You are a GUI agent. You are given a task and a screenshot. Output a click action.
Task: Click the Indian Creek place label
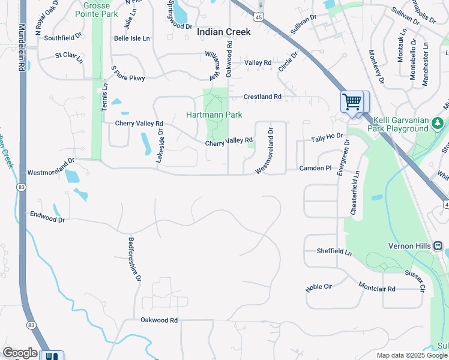pyautogui.click(x=223, y=32)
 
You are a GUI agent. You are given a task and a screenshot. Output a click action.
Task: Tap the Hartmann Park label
pyautogui.click(x=214, y=114)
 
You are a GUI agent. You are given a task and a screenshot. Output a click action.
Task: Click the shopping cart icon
pyautogui.click(x=352, y=101)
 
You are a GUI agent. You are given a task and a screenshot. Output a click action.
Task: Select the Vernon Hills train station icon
pyautogui.click(x=438, y=245)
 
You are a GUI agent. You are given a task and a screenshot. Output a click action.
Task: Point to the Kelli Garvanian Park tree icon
pyautogui.click(x=438, y=123)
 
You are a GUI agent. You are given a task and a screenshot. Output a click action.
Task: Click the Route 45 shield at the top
pyautogui.click(x=259, y=17)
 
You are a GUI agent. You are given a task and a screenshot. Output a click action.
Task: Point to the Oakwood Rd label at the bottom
pyautogui.click(x=159, y=320)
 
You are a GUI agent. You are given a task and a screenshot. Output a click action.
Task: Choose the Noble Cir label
pyautogui.click(x=319, y=287)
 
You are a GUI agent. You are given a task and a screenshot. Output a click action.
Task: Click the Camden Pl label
pyautogui.click(x=316, y=169)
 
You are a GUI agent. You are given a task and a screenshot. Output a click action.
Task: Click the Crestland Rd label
pyautogui.click(x=262, y=97)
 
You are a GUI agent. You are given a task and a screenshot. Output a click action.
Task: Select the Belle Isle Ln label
pyautogui.click(x=131, y=38)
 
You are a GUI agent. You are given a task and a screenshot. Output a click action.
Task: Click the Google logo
pyautogui.click(x=20, y=353)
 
